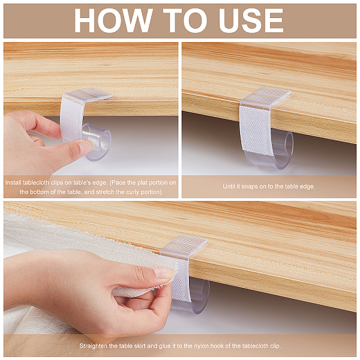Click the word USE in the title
pyautogui.click(x=251, y=20)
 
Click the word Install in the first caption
pyautogui.click(x=14, y=183)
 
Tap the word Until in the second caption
pyautogui.click(x=230, y=187)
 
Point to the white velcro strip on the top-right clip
pyautogui.click(x=256, y=131)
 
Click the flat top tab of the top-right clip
pyautogui.click(x=266, y=97)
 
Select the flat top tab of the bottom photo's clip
pyautogui.click(x=184, y=245)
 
